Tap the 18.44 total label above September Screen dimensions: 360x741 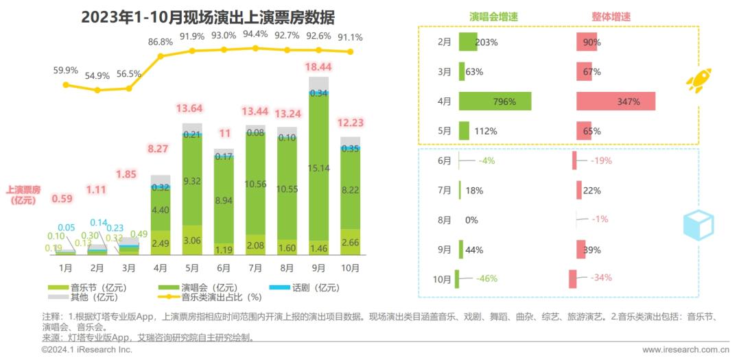coord(319,67)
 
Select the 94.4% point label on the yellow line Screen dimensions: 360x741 coord(255,34)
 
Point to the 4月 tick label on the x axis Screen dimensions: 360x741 coord(160,267)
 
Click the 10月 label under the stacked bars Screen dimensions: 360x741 coord(350,267)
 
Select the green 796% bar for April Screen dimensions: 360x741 coord(495,101)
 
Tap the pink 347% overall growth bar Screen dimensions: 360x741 coord(615,101)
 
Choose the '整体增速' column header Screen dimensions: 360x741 coord(611,16)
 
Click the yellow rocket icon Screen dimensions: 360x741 coord(698,81)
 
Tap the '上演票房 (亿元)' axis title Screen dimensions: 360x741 coord(23,195)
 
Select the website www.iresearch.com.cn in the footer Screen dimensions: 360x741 coord(685,350)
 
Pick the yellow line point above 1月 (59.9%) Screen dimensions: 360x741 coord(66,85)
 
